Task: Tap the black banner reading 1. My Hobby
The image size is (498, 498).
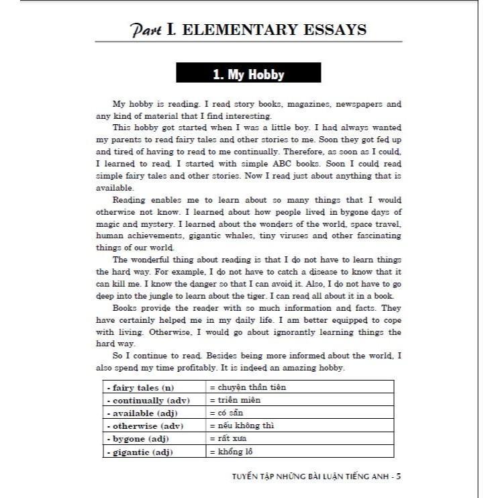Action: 248,74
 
